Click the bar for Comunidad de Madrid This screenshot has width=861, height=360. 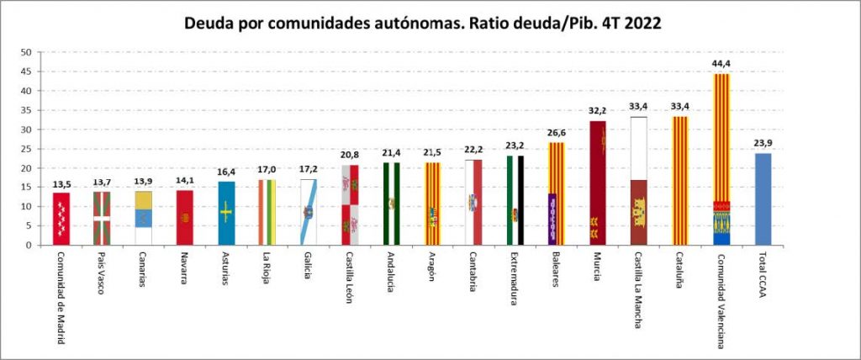click(61, 219)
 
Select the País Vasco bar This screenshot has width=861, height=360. click(103, 219)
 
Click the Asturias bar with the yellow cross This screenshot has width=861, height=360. click(226, 214)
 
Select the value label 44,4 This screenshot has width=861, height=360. click(721, 64)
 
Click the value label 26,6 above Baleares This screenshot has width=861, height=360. click(557, 133)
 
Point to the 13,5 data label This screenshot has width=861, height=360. click(61, 183)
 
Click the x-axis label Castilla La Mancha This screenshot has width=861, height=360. click(639, 289)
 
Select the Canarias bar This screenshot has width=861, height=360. click(144, 218)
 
